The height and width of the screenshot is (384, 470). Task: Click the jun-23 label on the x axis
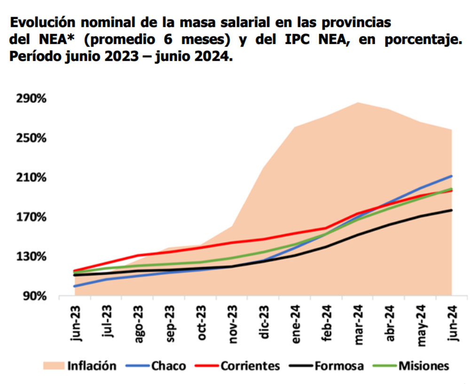(76, 324)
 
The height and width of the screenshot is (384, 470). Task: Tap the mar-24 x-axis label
(359, 324)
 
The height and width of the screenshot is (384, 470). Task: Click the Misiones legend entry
(423, 366)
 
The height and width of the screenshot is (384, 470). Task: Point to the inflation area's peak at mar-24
(358, 102)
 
